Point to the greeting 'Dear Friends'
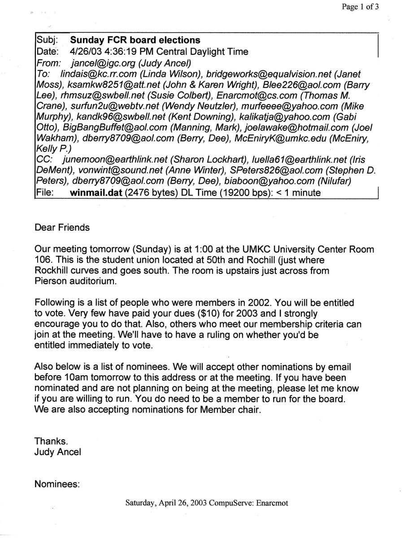62,227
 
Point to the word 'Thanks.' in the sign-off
49,441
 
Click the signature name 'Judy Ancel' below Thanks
58,452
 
